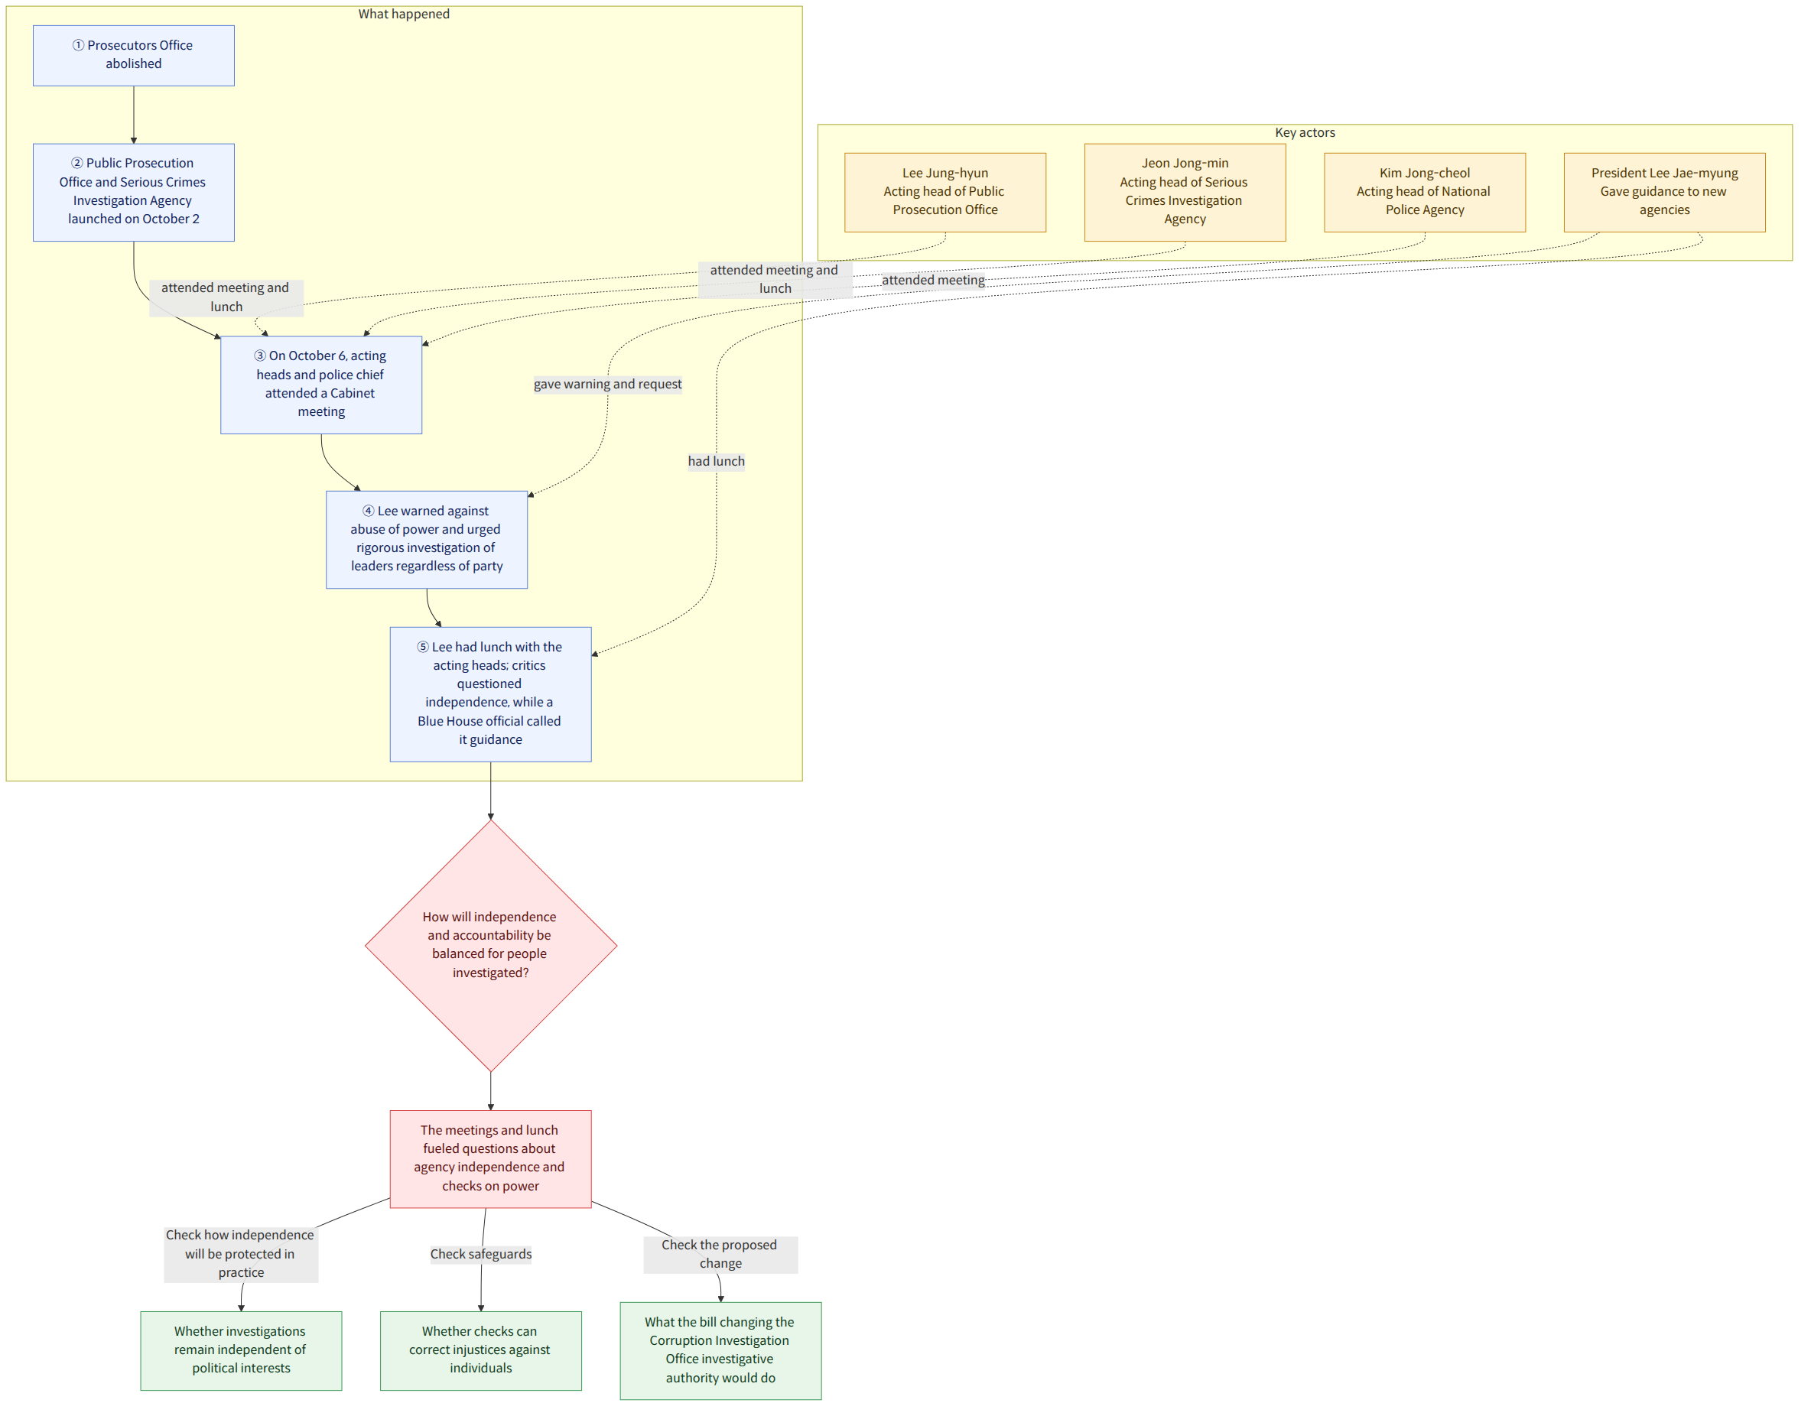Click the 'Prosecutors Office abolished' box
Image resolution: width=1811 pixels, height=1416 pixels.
coord(134,56)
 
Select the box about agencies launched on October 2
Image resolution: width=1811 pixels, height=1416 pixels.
coord(134,193)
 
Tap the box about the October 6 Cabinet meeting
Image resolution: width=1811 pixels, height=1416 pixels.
coord(321,385)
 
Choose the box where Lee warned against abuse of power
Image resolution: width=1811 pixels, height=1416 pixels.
coord(426,540)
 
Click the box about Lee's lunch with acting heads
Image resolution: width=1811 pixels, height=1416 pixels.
coord(490,694)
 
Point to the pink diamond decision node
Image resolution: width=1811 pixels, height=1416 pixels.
coord(490,945)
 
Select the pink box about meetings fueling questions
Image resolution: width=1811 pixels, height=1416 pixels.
coord(490,1159)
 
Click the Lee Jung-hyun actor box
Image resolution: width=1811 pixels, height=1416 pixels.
coord(945,193)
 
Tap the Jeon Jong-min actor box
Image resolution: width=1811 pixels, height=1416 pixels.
coord(1185,193)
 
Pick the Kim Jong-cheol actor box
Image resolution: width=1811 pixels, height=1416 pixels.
coord(1425,193)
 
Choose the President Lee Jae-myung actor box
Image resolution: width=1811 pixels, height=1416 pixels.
coord(1664,193)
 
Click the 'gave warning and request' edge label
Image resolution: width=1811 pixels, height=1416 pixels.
coord(608,384)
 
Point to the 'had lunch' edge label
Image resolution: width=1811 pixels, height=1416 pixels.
coord(717,461)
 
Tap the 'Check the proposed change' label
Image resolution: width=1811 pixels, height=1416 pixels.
coord(720,1255)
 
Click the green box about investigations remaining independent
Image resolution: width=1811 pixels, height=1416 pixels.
coord(242,1350)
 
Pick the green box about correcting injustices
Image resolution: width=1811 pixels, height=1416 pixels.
coord(481,1350)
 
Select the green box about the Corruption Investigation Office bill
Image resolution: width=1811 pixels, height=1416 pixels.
coord(720,1350)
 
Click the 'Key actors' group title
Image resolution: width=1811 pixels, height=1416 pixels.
coord(1305,132)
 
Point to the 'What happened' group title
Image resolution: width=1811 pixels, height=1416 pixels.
coord(404,14)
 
